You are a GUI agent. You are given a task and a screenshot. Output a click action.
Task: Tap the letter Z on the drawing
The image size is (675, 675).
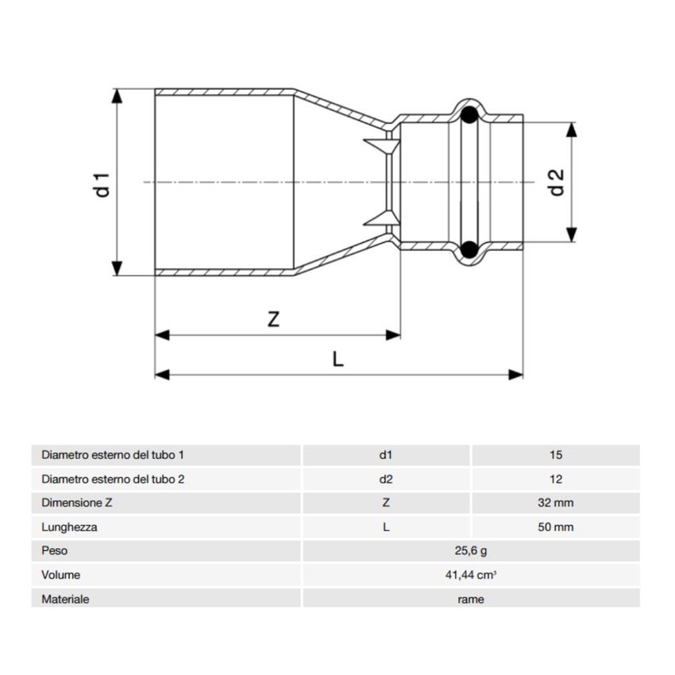(x=273, y=319)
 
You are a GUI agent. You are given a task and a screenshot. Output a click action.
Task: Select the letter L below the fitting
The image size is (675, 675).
(x=337, y=359)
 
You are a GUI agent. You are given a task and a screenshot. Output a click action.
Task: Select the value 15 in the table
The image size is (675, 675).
(x=555, y=455)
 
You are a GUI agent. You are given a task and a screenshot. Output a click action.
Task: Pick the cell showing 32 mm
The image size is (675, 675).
(x=555, y=503)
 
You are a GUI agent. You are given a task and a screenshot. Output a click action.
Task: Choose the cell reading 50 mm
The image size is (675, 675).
(x=555, y=526)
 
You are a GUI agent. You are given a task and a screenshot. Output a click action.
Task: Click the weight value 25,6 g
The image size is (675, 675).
(x=471, y=550)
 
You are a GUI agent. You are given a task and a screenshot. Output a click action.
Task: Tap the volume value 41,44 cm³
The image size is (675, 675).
(x=471, y=575)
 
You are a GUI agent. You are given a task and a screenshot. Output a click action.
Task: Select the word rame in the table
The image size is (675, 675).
(x=471, y=599)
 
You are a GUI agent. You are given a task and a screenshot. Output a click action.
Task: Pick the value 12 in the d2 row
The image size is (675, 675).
(x=555, y=479)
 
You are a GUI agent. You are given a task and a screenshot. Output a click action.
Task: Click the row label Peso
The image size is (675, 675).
(x=53, y=550)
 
